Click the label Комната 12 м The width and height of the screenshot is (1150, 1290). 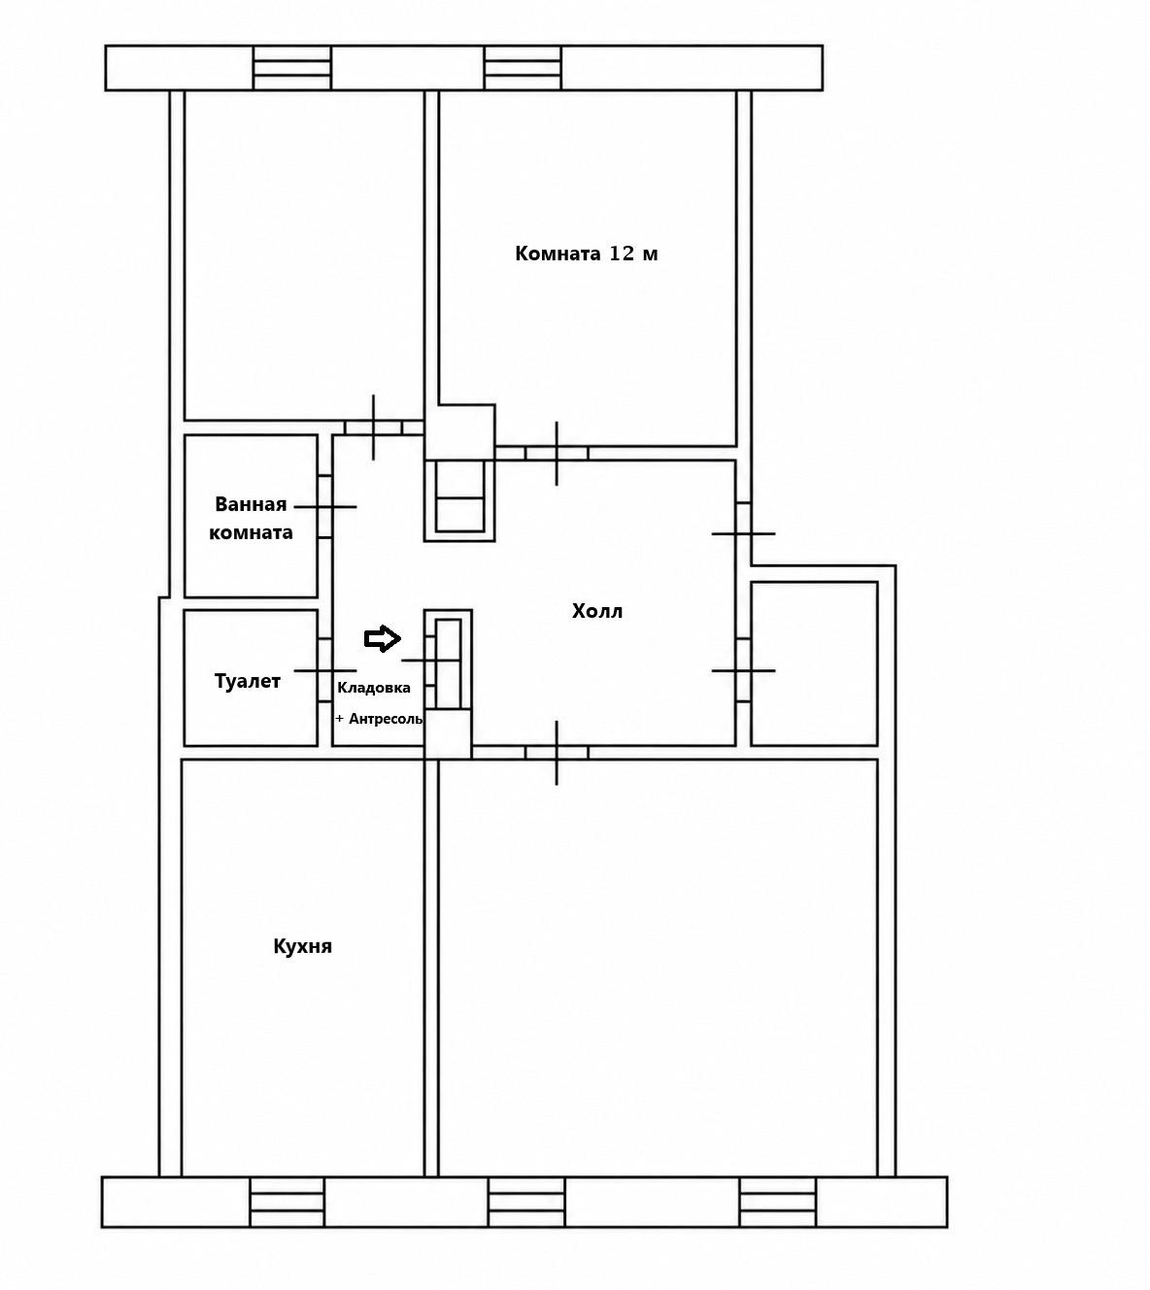[586, 254]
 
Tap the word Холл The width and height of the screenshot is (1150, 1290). [596, 611]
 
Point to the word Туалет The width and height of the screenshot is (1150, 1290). [248, 681]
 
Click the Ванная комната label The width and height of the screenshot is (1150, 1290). [251, 518]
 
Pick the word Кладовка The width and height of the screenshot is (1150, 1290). [374, 688]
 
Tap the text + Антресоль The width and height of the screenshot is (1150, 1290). [379, 719]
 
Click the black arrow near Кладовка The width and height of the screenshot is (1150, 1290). [382, 638]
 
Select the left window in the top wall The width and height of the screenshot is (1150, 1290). [292, 67]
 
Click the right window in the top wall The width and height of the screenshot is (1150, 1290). [523, 67]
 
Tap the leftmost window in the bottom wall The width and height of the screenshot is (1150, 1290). [287, 1203]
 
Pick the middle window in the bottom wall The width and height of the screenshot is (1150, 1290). [526, 1203]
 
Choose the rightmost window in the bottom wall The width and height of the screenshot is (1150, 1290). [777, 1203]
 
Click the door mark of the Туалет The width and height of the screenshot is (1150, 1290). [324, 670]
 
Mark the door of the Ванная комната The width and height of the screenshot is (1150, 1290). [324, 507]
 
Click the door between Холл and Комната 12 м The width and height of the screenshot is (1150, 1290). [557, 454]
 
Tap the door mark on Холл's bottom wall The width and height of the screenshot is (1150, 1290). [557, 753]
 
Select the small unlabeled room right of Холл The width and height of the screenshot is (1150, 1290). [815, 663]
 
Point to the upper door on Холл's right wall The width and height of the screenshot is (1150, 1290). [743, 533]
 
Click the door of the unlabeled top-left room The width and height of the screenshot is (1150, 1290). [373, 426]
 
